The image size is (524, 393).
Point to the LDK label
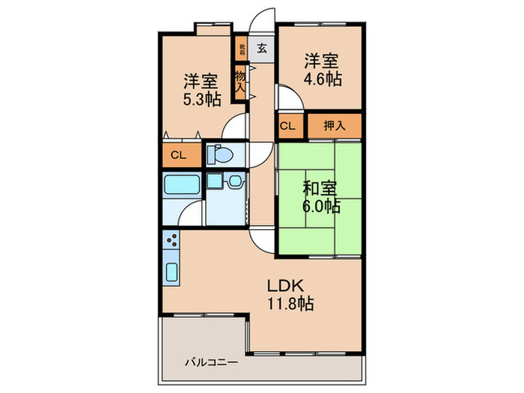point(287,287)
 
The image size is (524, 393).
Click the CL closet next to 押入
point(288,126)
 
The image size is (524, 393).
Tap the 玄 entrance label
point(262,50)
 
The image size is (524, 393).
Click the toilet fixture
point(220,154)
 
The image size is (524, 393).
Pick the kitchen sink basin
point(171,272)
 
